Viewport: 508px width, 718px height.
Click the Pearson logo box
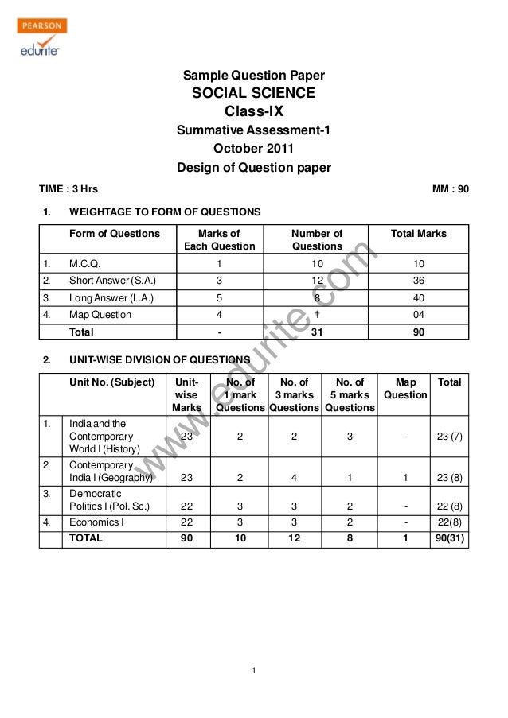click(41, 25)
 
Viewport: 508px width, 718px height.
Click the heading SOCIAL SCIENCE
click(254, 93)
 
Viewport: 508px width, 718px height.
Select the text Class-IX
click(254, 111)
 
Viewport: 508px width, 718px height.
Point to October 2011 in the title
click(254, 149)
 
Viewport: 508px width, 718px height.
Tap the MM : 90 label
click(450, 189)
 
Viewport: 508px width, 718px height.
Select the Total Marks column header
click(419, 234)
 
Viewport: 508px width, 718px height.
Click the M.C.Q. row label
click(84, 263)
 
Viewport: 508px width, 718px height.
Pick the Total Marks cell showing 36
click(419, 281)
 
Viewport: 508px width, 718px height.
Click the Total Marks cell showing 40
click(419, 298)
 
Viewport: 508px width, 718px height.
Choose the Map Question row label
click(100, 315)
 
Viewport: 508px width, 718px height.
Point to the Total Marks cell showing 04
click(419, 315)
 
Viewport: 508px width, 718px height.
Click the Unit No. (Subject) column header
click(111, 382)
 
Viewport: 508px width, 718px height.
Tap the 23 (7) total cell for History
click(450, 437)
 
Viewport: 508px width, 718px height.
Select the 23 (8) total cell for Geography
click(450, 479)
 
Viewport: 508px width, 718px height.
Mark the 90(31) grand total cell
click(450, 538)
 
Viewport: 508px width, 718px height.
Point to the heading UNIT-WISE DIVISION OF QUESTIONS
click(160, 359)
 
